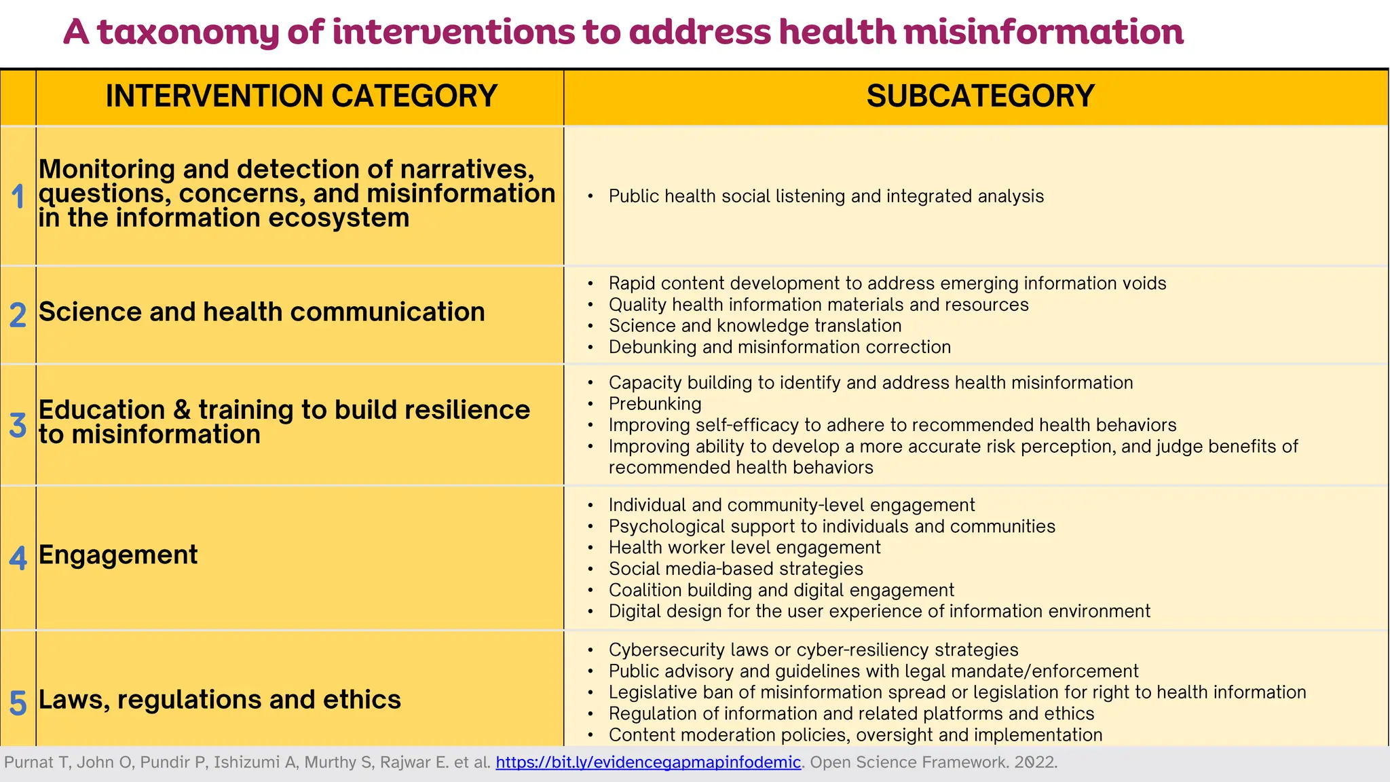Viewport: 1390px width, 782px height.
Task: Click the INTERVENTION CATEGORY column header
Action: (x=301, y=96)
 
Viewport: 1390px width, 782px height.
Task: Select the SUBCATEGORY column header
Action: (x=980, y=96)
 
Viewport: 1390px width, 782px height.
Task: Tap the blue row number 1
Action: (x=18, y=197)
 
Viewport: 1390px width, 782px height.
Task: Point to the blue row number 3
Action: (x=18, y=425)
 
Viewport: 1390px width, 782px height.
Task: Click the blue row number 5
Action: (x=18, y=703)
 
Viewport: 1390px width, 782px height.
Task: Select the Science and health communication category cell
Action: (x=262, y=312)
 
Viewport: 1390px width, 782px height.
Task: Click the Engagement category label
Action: (x=118, y=555)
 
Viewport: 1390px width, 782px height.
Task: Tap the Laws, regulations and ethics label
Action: (x=219, y=700)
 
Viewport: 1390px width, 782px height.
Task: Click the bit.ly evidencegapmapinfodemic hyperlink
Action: (x=648, y=762)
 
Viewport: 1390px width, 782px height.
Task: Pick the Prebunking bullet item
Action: (x=655, y=404)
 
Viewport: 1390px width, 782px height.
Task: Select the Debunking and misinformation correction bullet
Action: (x=779, y=347)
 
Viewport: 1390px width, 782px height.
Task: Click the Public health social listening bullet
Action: (x=826, y=196)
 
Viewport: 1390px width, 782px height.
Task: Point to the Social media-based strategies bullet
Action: (x=736, y=569)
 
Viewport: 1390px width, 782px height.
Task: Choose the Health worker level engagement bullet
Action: (x=745, y=548)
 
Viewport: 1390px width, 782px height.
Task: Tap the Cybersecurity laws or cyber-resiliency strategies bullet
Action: (x=813, y=650)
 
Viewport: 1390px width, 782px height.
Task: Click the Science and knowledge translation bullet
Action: (x=755, y=326)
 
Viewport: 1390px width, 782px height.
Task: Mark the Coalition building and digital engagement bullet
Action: (x=781, y=591)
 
